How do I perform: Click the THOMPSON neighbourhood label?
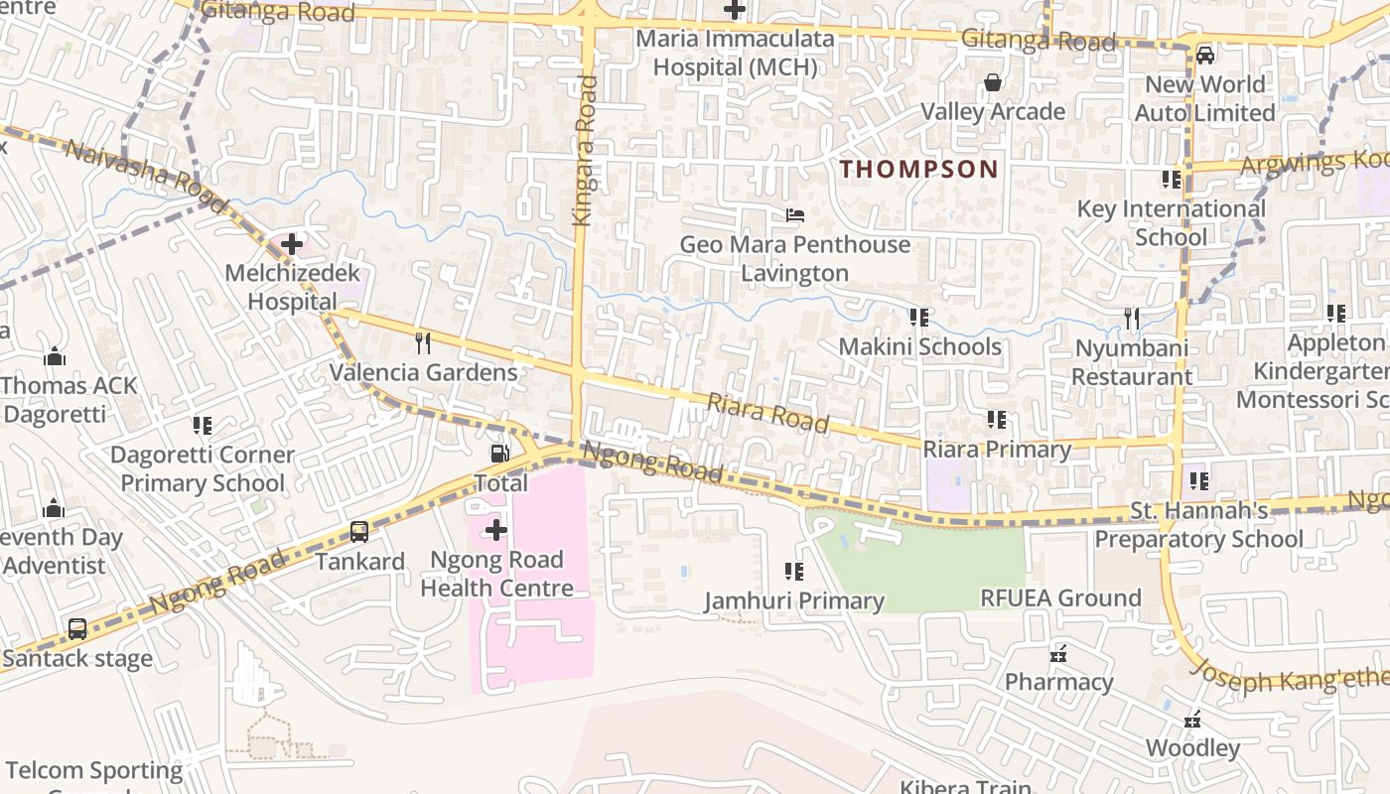(918, 169)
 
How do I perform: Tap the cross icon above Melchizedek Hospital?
(292, 243)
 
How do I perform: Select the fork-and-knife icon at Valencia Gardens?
(423, 343)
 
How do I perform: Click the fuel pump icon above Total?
(500, 454)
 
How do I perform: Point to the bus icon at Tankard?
(359, 532)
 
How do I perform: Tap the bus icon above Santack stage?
(77, 628)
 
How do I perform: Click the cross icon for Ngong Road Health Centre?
(495, 530)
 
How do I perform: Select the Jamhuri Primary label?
(794, 600)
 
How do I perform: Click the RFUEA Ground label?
(1060, 597)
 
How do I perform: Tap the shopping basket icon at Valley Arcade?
(992, 82)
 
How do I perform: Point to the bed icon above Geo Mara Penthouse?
(794, 214)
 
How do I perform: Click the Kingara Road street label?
(587, 149)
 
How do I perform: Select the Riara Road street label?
(767, 412)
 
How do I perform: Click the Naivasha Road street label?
(133, 165)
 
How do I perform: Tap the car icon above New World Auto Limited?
(1204, 55)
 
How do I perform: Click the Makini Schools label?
(919, 346)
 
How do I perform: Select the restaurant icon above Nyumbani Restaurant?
(1132, 319)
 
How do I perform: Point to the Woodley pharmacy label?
(1192, 747)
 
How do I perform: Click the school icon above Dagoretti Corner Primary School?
(203, 426)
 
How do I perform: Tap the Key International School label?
(1171, 222)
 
